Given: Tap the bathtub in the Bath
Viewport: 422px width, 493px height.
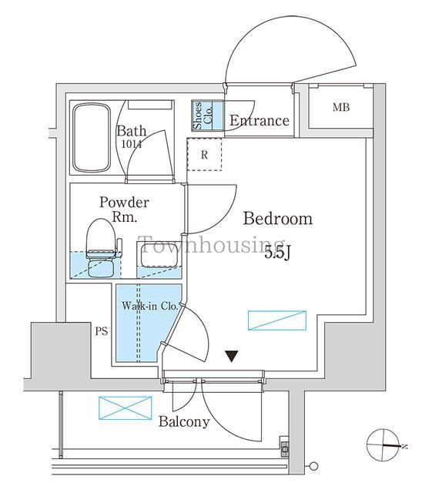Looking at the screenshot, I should (x=91, y=139).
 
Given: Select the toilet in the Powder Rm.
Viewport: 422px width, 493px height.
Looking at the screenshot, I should (x=102, y=246).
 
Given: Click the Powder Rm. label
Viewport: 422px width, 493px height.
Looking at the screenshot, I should (x=123, y=210).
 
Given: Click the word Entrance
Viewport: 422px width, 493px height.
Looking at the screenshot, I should (x=259, y=120).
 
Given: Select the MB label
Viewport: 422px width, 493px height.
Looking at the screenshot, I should (x=340, y=107).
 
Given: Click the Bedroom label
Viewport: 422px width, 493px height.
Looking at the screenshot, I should (x=278, y=219).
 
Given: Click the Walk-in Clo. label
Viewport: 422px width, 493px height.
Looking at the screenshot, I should (x=149, y=306).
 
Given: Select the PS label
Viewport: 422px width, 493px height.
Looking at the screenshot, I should (x=100, y=333).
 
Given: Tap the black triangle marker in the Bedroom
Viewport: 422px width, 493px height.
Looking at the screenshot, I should (x=230, y=356).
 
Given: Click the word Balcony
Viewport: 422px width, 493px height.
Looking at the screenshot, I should (x=184, y=421).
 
